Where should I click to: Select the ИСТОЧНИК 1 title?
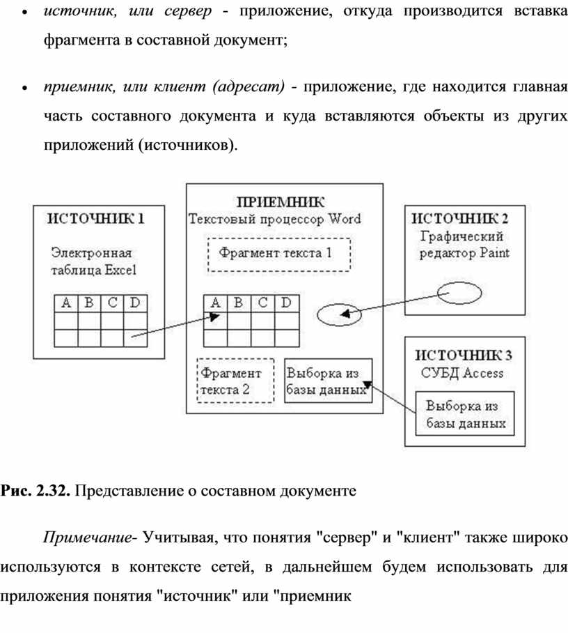point(95,218)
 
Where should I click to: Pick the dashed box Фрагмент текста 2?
point(235,381)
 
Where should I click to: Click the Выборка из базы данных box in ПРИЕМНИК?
point(328,381)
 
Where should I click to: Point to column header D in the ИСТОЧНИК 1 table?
point(134,303)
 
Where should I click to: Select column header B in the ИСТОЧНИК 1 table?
point(89,303)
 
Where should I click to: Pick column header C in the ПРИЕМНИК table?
point(262,303)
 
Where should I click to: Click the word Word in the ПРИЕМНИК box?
point(345,219)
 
